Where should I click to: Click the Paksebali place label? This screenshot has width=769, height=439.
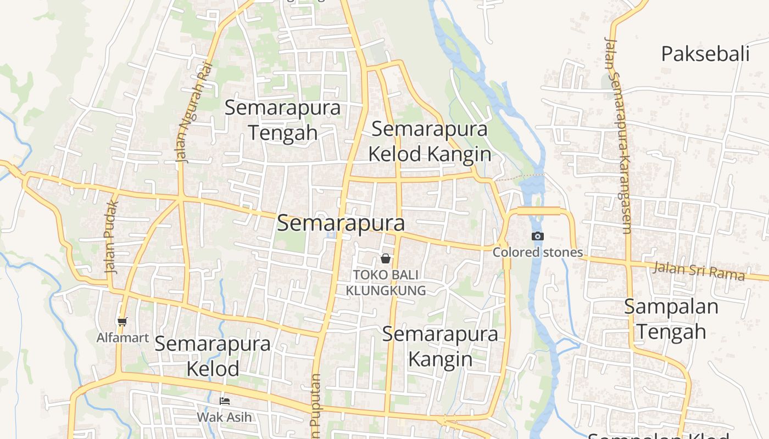(x=705, y=54)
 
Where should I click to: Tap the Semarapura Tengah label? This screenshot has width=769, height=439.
(x=282, y=120)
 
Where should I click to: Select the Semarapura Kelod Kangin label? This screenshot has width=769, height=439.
(x=430, y=142)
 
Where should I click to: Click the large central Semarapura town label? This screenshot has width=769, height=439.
(x=341, y=223)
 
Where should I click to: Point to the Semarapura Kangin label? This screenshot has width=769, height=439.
(x=440, y=346)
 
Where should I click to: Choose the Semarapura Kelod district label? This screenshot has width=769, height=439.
(x=213, y=356)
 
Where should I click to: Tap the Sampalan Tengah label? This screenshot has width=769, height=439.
(x=671, y=319)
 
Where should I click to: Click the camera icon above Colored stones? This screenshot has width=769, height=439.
(x=538, y=237)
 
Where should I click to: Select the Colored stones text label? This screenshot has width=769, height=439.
(x=538, y=252)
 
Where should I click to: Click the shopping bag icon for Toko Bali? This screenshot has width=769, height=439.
(x=386, y=258)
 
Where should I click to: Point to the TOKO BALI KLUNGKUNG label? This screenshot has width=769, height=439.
(x=386, y=282)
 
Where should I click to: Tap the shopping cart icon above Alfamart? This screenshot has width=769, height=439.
(x=122, y=322)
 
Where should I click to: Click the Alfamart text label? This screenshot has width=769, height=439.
(x=122, y=337)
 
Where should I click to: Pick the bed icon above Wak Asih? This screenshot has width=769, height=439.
(x=224, y=401)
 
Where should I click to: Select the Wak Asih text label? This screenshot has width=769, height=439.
(x=224, y=417)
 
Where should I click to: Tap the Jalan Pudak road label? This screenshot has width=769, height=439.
(x=112, y=237)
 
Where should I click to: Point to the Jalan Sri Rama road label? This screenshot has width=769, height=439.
(x=699, y=271)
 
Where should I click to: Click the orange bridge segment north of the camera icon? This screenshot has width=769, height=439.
(x=538, y=211)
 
